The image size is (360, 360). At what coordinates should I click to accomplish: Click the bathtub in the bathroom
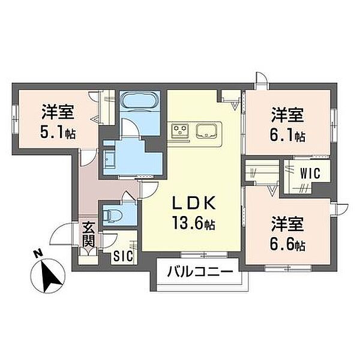pos(139,101)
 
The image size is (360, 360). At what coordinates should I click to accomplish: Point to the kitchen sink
pos(206,131)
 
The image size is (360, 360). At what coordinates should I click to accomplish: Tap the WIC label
pos(310,173)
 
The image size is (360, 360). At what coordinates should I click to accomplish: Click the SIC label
pos(124,256)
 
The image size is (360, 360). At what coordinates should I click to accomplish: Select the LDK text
pos(194,203)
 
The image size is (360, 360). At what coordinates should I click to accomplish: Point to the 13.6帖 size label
pos(194,223)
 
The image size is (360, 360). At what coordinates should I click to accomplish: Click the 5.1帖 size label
pos(58,133)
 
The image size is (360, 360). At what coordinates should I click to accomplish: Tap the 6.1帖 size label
pos(287,136)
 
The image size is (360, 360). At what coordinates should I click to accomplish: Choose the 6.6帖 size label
pos(287,245)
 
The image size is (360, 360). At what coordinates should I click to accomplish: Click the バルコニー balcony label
pos(200,272)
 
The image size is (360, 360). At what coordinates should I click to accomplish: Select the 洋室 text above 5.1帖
pos(58,112)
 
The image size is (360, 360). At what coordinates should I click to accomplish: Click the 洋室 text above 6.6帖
pos(287,224)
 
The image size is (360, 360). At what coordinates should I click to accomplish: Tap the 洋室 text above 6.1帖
pos(287,115)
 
